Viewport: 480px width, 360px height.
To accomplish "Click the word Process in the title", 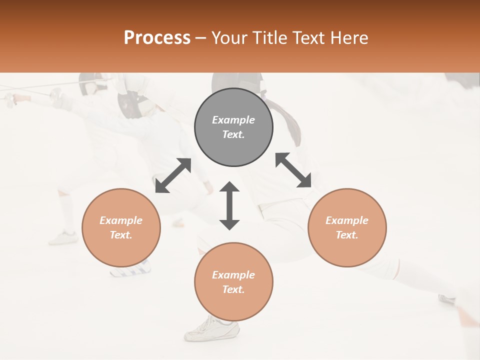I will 157,38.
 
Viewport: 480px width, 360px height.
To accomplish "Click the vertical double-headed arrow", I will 229,205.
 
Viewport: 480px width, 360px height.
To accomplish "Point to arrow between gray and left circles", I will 173,175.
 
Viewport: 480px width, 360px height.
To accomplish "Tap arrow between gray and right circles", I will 293,170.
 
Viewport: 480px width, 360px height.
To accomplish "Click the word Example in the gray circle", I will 233,120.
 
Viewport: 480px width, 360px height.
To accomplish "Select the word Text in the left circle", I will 120,235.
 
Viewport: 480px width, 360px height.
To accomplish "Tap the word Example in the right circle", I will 347,220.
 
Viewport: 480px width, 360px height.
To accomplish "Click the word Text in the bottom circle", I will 233,289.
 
